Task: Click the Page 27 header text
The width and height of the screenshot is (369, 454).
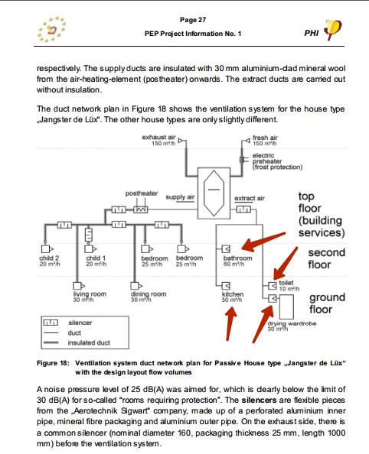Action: point(193,20)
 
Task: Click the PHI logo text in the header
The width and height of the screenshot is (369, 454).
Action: point(312,33)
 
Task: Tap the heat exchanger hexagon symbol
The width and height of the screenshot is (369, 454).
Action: point(214,193)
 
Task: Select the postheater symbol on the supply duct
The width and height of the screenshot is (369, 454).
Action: point(141,209)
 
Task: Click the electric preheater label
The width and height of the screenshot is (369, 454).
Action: point(277,161)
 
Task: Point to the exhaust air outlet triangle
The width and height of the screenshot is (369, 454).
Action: point(181,141)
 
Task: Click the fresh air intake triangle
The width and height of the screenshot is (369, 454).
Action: point(247,141)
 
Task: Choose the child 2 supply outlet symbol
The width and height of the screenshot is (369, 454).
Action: point(47,248)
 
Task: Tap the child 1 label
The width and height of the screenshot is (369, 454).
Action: point(96,258)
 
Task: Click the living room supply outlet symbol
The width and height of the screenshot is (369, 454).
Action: point(79,286)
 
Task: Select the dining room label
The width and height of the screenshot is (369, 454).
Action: point(149,294)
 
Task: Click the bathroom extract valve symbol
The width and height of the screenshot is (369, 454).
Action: point(226,248)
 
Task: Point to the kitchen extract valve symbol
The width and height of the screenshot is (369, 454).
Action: point(226,286)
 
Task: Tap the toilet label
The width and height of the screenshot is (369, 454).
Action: point(286,283)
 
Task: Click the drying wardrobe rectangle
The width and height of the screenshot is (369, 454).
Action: point(286,307)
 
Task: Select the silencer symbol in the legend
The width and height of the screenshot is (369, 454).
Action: point(51,323)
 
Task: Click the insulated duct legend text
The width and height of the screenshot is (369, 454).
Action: point(89,343)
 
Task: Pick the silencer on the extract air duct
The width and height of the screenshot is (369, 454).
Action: point(243,209)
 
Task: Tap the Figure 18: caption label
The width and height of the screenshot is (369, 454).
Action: point(53,363)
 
